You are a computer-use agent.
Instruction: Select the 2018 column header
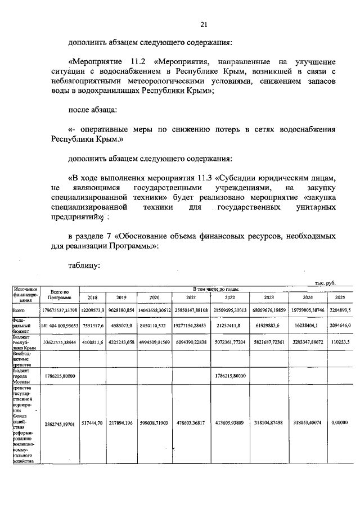click(92, 297)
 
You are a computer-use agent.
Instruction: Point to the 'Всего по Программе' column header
click(60, 294)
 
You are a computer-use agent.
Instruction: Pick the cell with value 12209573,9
click(92, 310)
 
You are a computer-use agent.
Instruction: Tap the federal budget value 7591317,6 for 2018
click(92, 326)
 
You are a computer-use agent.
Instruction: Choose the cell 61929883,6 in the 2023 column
click(276, 326)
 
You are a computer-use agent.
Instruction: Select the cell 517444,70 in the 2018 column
click(92, 422)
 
